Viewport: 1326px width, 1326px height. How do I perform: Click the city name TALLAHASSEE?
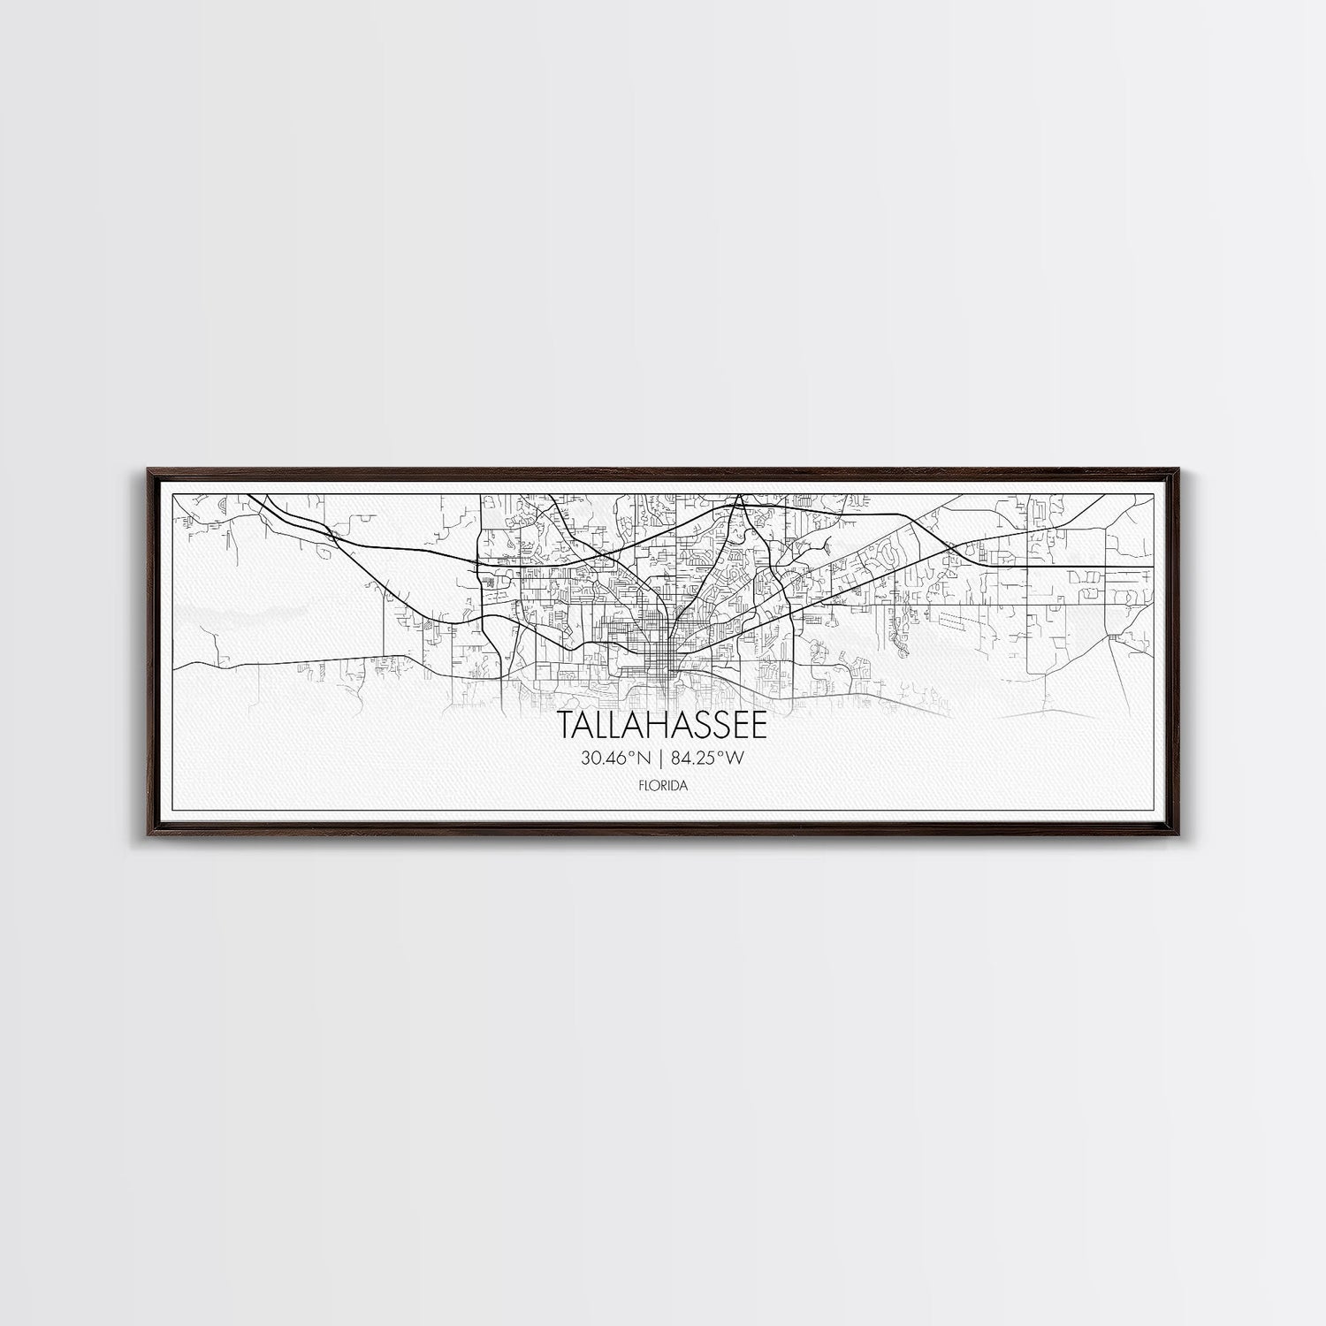[663, 726]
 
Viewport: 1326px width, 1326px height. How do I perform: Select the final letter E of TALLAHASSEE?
[759, 726]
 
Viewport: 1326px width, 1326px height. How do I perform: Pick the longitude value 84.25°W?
[710, 757]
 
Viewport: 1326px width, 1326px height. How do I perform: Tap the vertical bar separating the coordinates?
[663, 757]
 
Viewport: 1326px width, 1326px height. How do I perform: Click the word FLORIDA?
[663, 784]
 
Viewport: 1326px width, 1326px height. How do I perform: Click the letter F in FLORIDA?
[641, 784]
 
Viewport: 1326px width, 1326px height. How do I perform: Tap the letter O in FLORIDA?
[655, 784]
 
